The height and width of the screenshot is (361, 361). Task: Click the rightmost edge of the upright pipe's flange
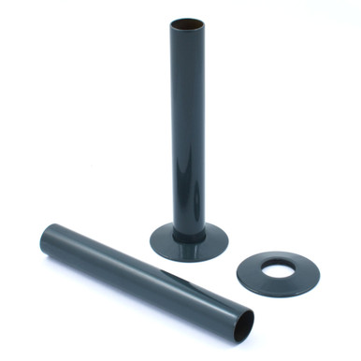[227, 242]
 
